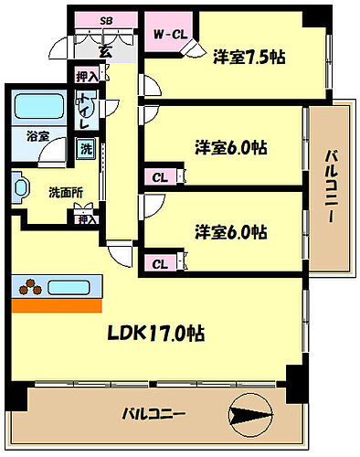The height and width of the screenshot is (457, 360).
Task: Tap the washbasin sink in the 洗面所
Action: (x=20, y=188)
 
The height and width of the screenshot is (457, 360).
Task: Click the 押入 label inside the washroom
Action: (x=86, y=219)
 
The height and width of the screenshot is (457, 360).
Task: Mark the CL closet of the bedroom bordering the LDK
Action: (x=159, y=264)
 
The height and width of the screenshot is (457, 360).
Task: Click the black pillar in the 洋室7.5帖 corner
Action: (x=314, y=15)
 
